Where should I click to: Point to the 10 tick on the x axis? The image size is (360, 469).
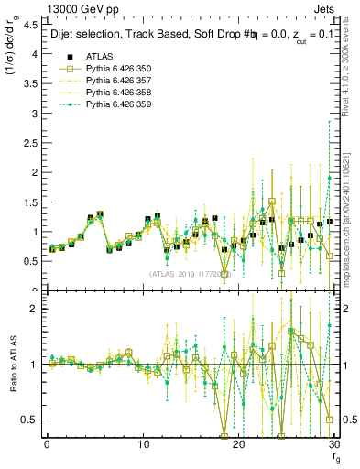click(143, 444)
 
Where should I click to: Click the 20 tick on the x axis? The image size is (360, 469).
click(238, 444)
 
